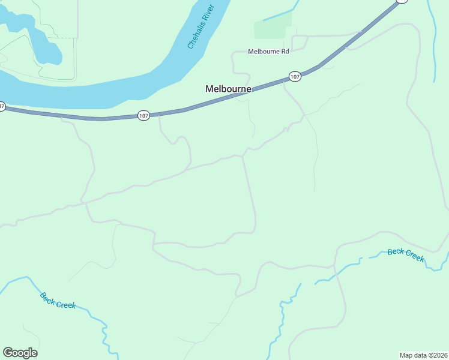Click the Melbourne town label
(x=228, y=89)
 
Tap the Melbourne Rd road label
(x=268, y=52)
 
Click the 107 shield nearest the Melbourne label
(x=294, y=76)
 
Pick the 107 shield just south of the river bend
(x=143, y=115)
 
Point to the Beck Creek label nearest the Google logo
(x=58, y=300)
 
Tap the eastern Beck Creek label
(x=406, y=254)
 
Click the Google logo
(x=20, y=353)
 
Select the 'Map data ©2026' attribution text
(x=423, y=355)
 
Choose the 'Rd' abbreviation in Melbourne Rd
(x=285, y=52)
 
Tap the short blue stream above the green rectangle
(x=282, y=13)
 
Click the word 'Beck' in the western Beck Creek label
(x=47, y=296)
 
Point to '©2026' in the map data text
(x=435, y=355)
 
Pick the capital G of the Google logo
(x=8, y=352)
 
